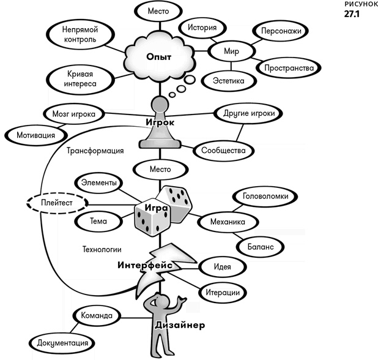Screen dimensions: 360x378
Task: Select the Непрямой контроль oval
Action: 76,34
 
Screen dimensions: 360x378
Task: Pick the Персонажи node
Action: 280,30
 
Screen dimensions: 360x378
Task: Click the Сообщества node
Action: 223,149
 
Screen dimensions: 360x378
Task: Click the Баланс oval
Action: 260,246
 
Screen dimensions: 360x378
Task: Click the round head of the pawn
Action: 160,103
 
